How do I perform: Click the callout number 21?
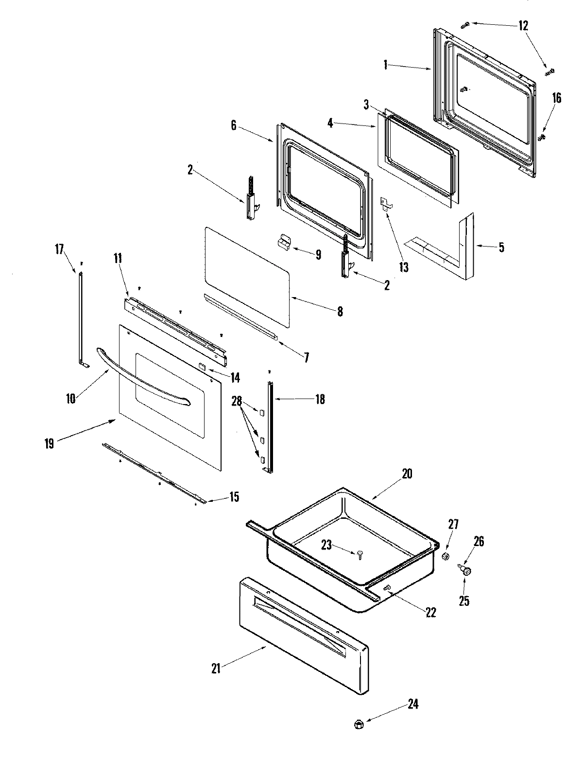(216, 669)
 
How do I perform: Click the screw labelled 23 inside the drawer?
(360, 554)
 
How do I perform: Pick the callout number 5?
(501, 248)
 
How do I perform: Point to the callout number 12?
(523, 26)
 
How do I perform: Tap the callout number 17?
(59, 249)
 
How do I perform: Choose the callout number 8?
(340, 312)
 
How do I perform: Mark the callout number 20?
(407, 474)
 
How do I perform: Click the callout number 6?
(234, 125)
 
